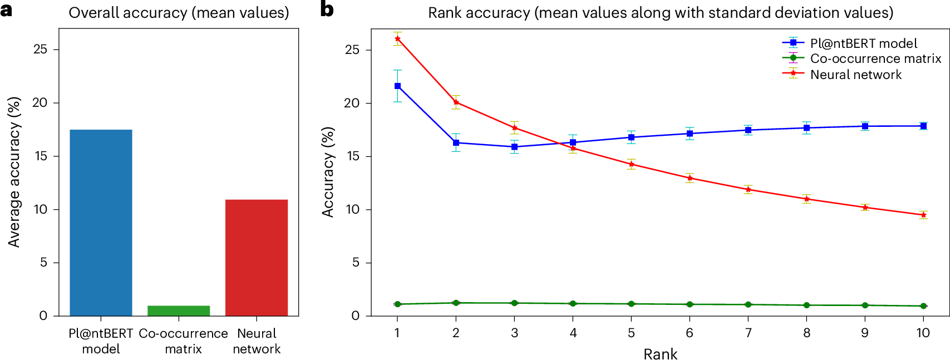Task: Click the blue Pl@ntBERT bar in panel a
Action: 101,223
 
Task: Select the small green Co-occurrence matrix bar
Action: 179,310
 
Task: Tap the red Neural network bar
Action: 257,258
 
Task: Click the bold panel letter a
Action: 7,9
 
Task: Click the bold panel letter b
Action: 327,9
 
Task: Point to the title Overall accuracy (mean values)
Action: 179,13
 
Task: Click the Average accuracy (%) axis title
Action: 14,172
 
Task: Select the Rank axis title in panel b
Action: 661,354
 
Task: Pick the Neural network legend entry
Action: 855,75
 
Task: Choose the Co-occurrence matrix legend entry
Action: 875,58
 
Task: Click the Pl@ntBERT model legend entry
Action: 863,43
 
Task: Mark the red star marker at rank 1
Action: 397,39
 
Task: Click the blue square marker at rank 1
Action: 397,86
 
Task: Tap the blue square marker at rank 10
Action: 923,126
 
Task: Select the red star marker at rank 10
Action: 923,215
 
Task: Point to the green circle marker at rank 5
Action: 631,304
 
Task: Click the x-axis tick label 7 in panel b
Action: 748,333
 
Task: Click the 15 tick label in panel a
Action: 41,156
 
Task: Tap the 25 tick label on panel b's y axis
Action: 352,50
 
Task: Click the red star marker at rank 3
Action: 514,128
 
